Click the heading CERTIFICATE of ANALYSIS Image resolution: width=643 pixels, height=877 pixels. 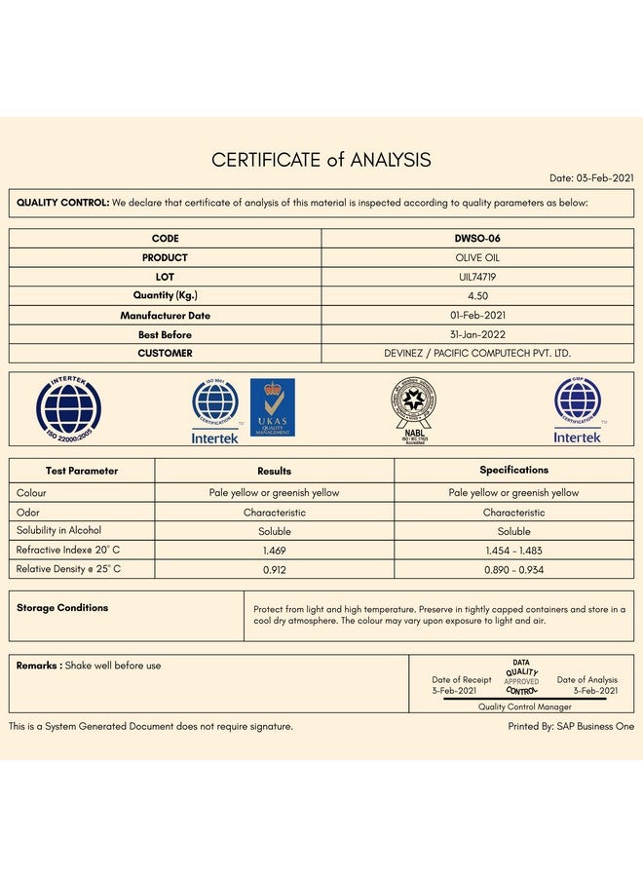click(x=321, y=160)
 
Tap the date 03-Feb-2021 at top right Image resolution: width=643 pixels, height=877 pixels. click(x=591, y=178)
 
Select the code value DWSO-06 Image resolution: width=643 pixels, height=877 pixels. click(x=477, y=239)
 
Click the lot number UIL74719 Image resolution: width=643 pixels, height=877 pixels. click(x=477, y=277)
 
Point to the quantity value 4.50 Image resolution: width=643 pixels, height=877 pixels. click(x=477, y=295)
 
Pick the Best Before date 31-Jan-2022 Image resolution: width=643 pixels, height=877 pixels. click(x=477, y=334)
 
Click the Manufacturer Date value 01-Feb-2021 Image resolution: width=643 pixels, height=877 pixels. click(x=477, y=316)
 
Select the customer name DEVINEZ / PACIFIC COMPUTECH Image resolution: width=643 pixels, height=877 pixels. click(x=477, y=353)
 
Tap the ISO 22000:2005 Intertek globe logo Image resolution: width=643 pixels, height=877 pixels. click(x=68, y=409)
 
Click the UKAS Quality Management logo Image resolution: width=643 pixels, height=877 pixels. click(x=272, y=407)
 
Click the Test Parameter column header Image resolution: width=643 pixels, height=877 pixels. click(x=82, y=471)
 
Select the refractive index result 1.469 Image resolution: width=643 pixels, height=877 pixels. click(x=274, y=551)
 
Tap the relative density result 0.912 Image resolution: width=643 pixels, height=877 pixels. click(x=274, y=569)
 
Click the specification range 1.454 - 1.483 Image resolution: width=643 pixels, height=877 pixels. click(x=513, y=551)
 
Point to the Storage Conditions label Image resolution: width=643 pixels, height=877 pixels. click(x=62, y=608)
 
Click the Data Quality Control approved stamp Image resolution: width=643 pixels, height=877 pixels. click(x=521, y=676)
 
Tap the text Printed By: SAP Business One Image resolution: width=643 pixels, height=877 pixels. click(x=571, y=726)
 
